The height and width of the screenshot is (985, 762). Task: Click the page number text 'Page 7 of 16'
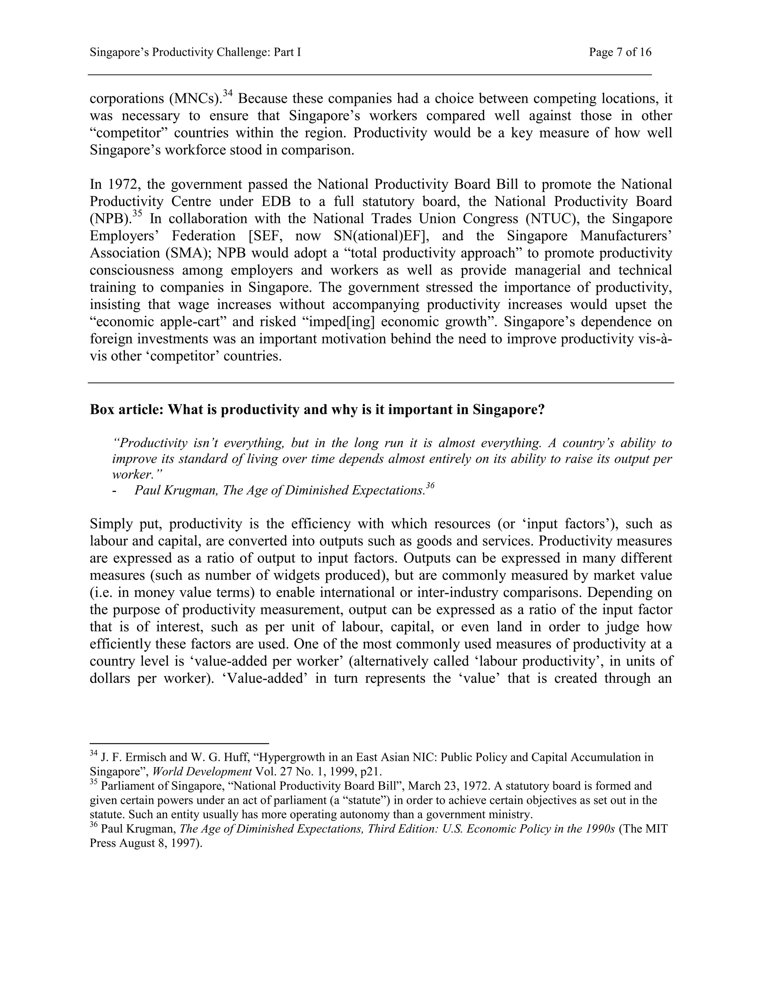click(620, 52)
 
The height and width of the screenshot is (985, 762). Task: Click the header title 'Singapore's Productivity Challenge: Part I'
click(195, 52)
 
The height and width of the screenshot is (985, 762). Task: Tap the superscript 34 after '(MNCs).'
click(228, 93)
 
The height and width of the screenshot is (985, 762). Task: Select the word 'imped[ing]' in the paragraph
click(337, 322)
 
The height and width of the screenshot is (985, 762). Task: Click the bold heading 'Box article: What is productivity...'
click(317, 410)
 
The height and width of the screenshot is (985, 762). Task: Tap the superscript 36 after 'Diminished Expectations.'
click(430, 486)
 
